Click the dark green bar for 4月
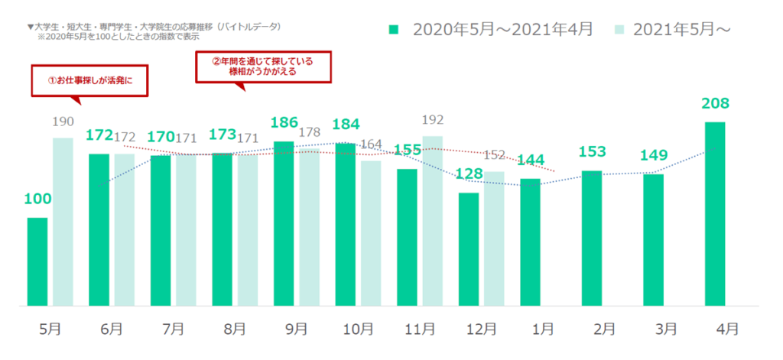[x=714, y=214]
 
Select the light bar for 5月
[x=63, y=222]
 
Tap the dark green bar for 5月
[x=37, y=262]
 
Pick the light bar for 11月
[x=433, y=221]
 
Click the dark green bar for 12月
[x=469, y=249]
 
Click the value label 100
[x=37, y=199]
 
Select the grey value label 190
[x=63, y=121]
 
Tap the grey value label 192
[x=433, y=119]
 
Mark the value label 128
[x=469, y=175]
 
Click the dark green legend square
[x=394, y=29]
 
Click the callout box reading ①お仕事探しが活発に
[x=89, y=79]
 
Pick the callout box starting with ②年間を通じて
[x=262, y=65]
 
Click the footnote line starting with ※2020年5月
[x=108, y=36]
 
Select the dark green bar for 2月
[x=592, y=238]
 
